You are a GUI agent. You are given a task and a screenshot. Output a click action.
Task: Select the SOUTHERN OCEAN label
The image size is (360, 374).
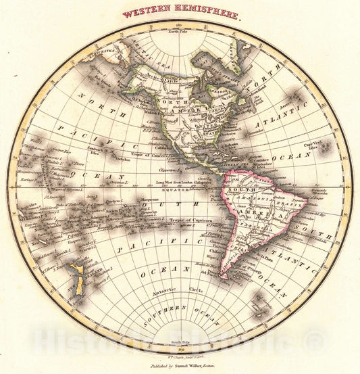[x=178, y=312]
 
